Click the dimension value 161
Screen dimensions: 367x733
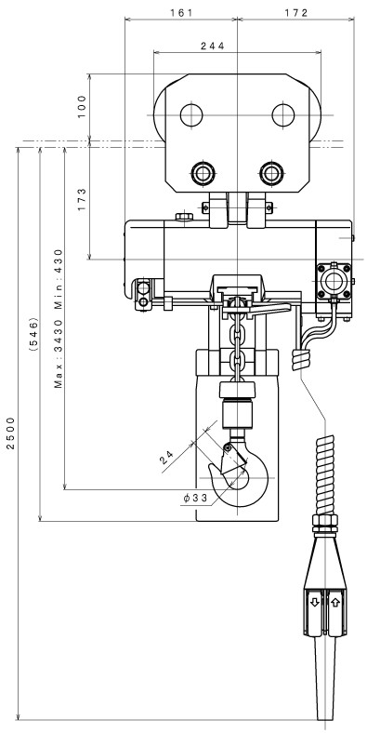(181, 13)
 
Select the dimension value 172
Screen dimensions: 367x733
(296, 13)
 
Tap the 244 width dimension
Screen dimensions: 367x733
(213, 46)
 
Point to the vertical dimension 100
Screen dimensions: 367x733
(82, 107)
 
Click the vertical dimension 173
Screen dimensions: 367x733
(82, 200)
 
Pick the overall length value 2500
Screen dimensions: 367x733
(11, 433)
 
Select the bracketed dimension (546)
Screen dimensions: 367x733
(33, 335)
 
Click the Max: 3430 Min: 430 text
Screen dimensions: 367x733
(58, 319)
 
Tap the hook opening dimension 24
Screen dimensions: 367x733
(166, 456)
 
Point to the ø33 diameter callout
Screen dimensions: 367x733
(195, 499)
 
